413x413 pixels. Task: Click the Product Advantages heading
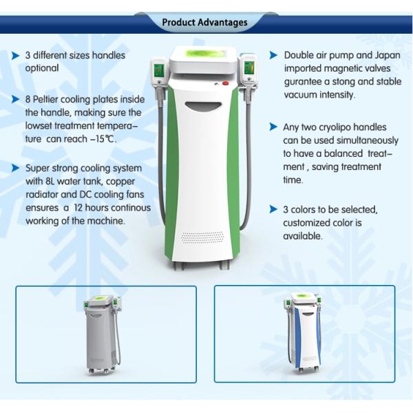[204, 23]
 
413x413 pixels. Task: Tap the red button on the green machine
[226, 83]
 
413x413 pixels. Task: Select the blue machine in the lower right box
[303, 332]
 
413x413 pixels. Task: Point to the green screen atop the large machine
[202, 53]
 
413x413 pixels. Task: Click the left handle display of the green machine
[159, 70]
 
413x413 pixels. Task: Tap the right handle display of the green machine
[249, 67]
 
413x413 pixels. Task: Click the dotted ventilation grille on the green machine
[202, 237]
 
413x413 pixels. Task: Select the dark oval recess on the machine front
[202, 107]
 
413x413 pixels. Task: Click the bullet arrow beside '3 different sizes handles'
[16, 56]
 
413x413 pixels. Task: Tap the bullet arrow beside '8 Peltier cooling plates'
[16, 99]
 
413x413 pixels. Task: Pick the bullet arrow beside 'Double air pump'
[273, 55]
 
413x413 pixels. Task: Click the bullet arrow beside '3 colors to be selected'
[273, 209]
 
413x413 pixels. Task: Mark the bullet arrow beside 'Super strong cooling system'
[16, 168]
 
